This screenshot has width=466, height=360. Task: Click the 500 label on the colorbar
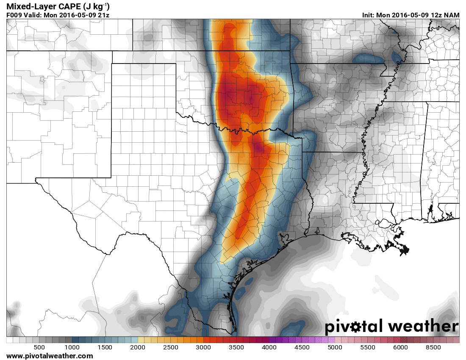39,347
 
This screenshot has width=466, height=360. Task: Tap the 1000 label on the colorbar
72,347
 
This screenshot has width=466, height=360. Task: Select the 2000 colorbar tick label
138,347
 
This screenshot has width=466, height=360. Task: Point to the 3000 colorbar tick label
203,347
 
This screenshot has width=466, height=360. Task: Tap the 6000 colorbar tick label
400,347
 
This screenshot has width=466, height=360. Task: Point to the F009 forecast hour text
14,15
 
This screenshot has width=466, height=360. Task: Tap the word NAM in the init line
452,15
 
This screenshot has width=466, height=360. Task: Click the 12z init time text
436,15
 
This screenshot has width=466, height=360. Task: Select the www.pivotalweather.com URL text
50,356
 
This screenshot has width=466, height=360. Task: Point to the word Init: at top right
369,15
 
